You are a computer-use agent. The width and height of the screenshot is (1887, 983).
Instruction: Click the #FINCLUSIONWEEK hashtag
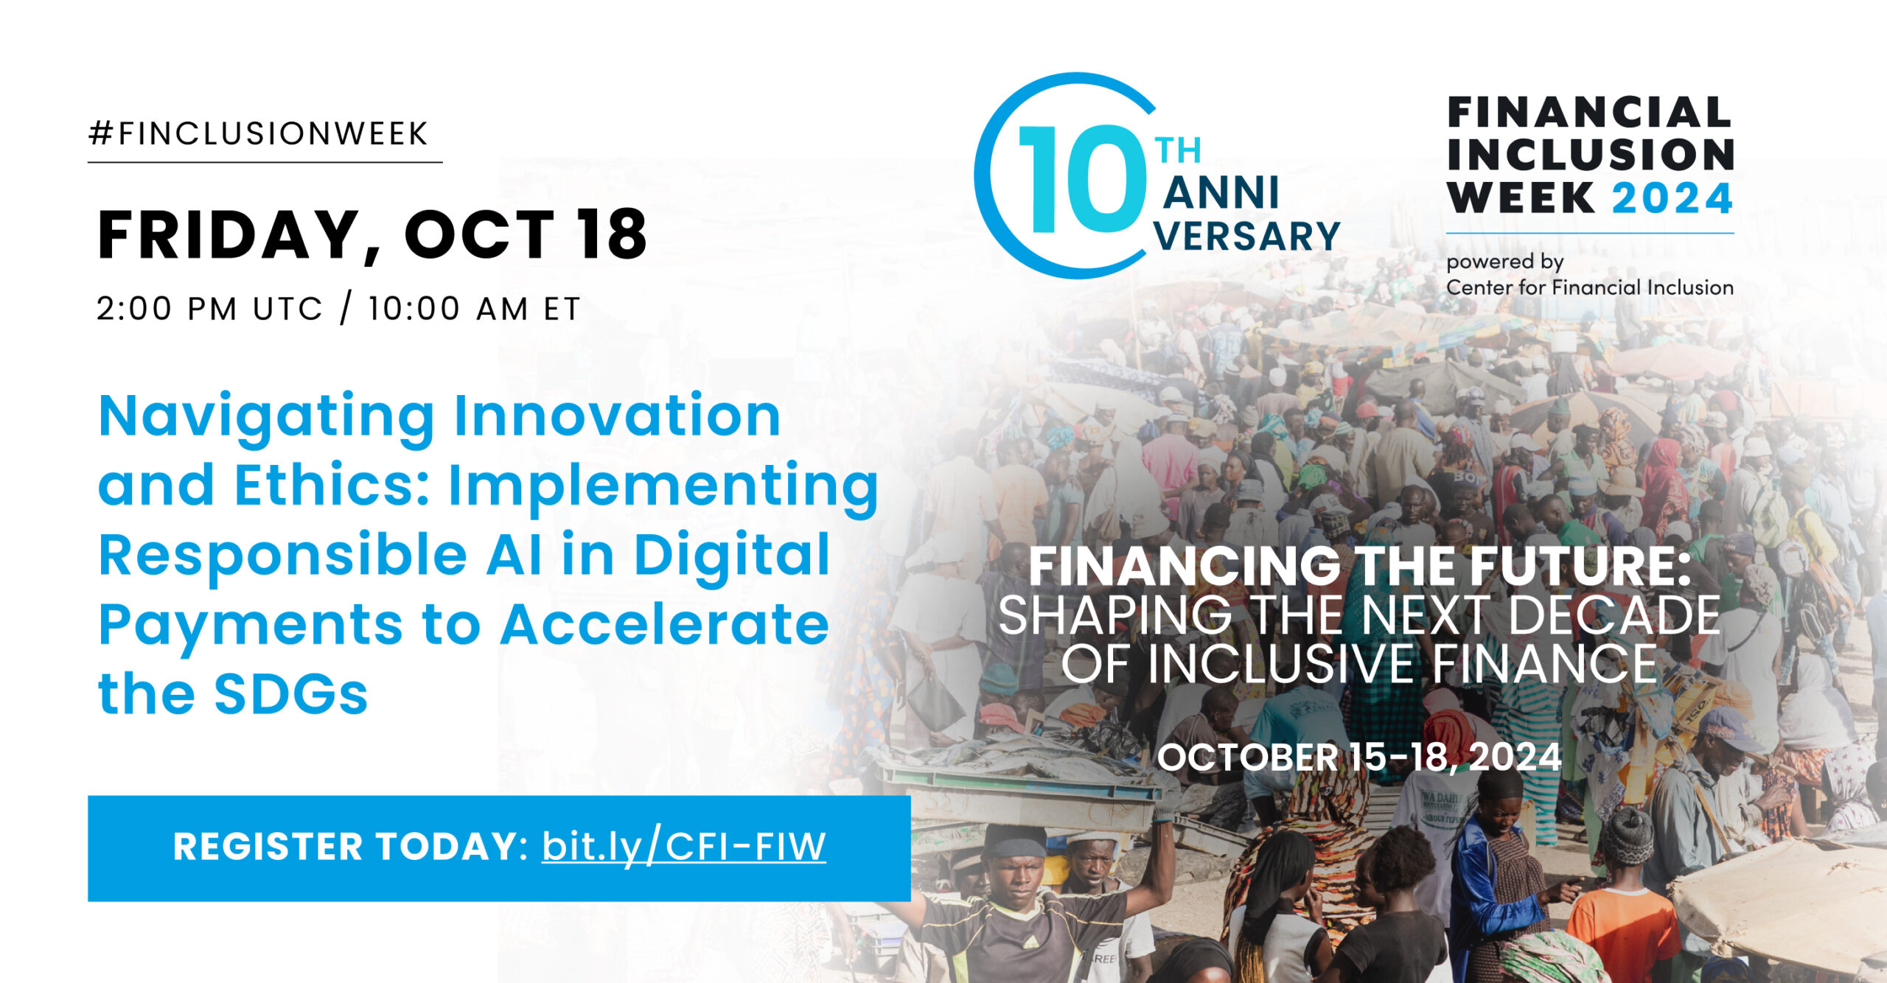[259, 133]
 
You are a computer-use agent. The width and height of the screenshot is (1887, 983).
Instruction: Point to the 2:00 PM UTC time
[209, 309]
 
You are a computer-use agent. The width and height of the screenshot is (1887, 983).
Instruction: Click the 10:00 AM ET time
[475, 309]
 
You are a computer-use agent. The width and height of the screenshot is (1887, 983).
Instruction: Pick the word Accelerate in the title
[665, 625]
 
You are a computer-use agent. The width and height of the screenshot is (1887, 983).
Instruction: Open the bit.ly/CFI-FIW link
[684, 847]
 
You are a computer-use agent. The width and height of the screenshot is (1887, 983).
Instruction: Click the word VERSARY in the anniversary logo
[1247, 236]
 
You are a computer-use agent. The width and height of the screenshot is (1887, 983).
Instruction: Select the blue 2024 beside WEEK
[1673, 198]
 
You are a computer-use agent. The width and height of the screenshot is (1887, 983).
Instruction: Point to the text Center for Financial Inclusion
[1590, 287]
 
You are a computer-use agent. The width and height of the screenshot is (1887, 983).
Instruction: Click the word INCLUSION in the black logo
[1591, 155]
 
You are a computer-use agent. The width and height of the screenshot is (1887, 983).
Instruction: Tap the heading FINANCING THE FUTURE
[1359, 566]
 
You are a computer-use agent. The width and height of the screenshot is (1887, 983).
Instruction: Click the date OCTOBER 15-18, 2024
[1359, 758]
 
